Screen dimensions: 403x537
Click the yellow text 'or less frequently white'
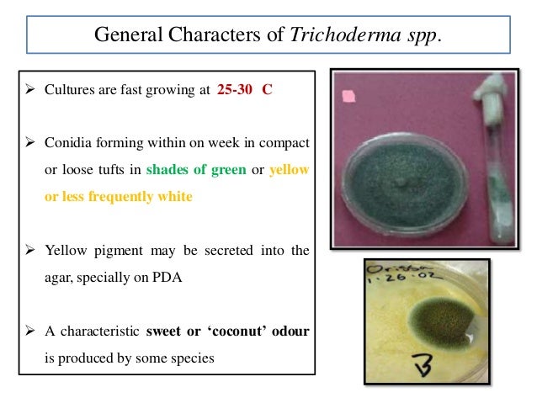118,196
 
